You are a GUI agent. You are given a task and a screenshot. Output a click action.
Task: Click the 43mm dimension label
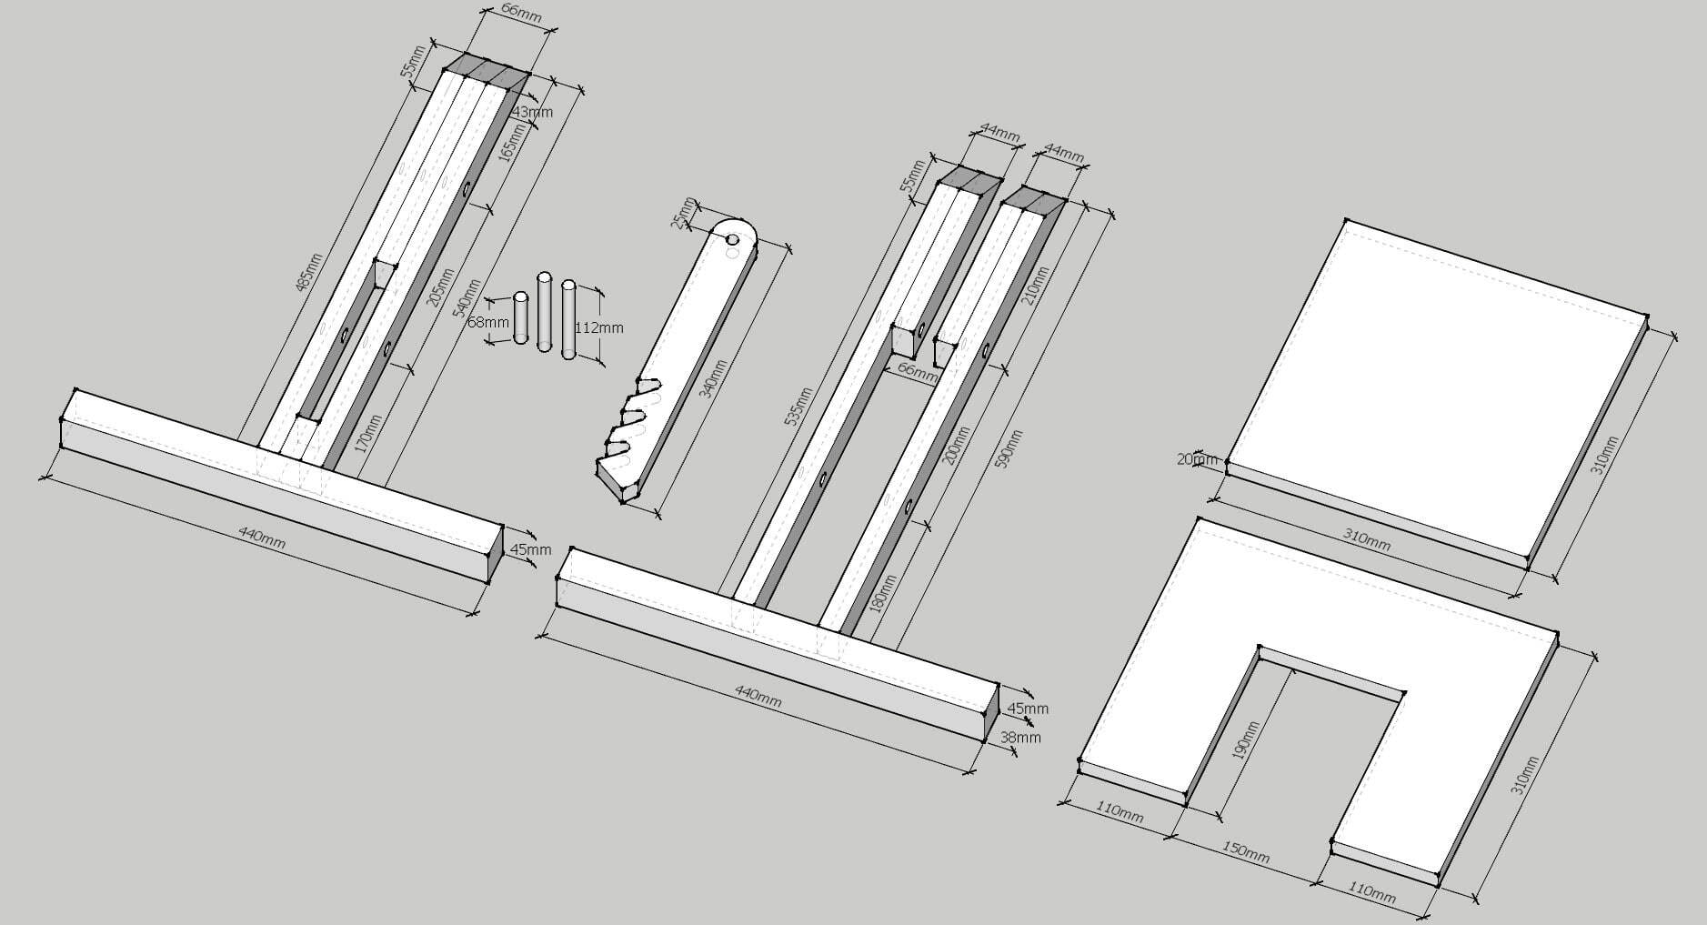point(533,112)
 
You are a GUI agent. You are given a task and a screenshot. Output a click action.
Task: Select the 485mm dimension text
point(309,271)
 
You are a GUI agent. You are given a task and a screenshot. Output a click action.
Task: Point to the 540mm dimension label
point(467,298)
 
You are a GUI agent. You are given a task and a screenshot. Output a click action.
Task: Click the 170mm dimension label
point(365,435)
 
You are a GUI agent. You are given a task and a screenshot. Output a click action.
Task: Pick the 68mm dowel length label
point(487,322)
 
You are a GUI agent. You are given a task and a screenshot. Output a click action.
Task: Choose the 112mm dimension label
point(599,327)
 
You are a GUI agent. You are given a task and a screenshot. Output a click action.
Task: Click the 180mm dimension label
point(882,592)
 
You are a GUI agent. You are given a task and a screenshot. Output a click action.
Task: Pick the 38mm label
point(1020,738)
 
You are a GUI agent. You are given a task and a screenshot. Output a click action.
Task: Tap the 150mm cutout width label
point(1246,852)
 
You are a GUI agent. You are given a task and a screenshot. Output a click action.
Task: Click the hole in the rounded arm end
point(732,239)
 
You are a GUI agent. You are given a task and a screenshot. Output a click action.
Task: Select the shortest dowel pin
point(521,317)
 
